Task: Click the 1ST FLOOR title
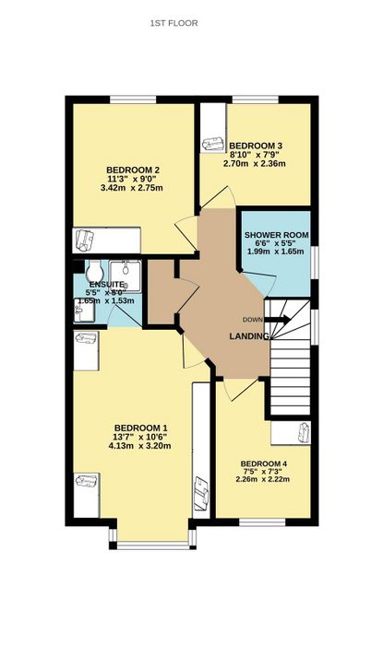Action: click(174, 23)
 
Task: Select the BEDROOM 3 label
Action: click(256, 146)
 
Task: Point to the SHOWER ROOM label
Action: click(276, 235)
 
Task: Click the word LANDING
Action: click(249, 336)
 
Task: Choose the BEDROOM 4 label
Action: click(264, 464)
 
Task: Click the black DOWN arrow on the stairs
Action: click(278, 320)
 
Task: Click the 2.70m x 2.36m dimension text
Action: click(255, 164)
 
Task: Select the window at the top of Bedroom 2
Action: click(134, 100)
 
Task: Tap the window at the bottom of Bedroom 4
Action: click(263, 522)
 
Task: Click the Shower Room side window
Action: click(315, 263)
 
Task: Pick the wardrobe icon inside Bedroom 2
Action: click(85, 240)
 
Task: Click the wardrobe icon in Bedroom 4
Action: click(305, 433)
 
